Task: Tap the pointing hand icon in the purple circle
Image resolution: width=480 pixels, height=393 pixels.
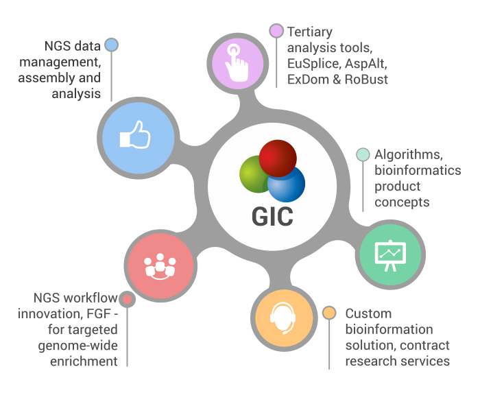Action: coord(235,60)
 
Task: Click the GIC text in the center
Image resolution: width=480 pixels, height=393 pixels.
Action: coord(272,216)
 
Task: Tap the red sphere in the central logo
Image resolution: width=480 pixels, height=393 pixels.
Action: coord(278,157)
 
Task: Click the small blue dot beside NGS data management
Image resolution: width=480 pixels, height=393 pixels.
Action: coord(112,46)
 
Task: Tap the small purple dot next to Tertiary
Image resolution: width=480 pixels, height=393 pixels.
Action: coord(276,31)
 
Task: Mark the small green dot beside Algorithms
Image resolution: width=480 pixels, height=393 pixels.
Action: coord(363,154)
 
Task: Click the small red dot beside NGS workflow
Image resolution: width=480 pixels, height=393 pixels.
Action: coord(127,299)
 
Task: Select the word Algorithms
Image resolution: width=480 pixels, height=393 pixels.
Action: coord(407,154)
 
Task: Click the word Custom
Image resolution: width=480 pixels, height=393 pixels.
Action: coord(368,313)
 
